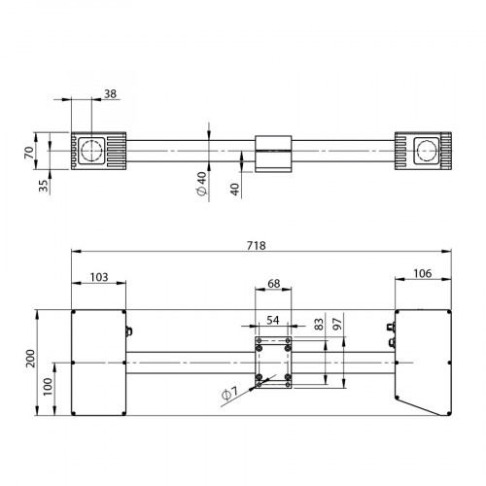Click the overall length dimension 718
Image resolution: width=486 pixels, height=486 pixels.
click(258, 246)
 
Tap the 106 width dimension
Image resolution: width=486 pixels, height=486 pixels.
click(423, 274)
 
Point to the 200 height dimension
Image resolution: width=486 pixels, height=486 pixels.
click(32, 361)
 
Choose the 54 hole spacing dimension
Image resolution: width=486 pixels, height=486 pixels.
click(273, 320)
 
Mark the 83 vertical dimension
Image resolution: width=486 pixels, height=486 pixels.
click(319, 323)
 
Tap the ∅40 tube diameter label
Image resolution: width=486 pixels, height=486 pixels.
click(200, 185)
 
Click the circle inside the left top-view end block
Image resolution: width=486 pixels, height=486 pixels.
click(93, 151)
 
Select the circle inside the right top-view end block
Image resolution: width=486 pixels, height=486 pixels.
click(426, 151)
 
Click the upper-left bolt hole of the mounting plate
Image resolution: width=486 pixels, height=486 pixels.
click(259, 341)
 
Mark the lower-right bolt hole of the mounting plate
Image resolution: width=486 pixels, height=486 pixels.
click(289, 376)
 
